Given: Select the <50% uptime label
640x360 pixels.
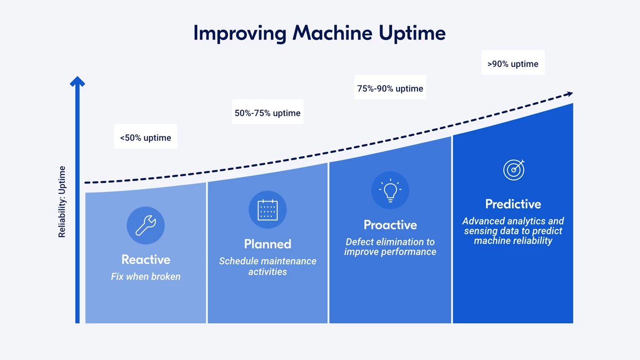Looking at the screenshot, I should click(146, 138).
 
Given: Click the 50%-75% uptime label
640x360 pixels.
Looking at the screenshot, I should click(268, 113).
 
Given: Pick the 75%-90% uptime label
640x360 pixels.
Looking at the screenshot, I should click(390, 88).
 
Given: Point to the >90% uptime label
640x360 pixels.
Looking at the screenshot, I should click(513, 64).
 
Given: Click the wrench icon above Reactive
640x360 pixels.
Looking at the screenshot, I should click(146, 225).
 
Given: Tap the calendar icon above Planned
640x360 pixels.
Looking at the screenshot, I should click(268, 210).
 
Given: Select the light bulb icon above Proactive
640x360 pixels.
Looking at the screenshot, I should click(390, 191).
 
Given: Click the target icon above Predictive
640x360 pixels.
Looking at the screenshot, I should click(514, 170).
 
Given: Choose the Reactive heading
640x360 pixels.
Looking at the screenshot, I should click(146, 260).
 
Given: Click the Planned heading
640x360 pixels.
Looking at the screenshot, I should click(268, 244).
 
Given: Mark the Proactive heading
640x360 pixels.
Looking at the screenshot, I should click(390, 225).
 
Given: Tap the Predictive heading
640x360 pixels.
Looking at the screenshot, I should click(513, 204).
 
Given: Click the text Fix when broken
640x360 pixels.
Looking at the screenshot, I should click(146, 277).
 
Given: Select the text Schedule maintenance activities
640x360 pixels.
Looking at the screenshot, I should click(268, 266).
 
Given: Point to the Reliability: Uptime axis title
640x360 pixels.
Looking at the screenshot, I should click(62, 202).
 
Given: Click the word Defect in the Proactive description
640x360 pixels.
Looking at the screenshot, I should click(360, 242).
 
